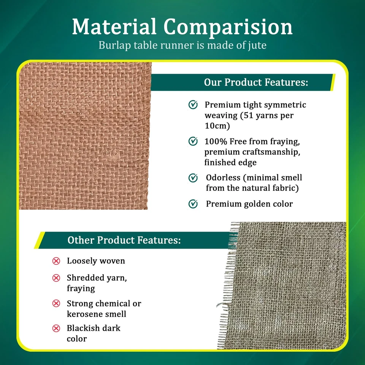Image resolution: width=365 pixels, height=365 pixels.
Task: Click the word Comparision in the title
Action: (x=228, y=27)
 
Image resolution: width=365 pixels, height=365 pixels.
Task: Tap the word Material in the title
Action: (x=114, y=27)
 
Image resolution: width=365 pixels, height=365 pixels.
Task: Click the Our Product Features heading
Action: (x=256, y=82)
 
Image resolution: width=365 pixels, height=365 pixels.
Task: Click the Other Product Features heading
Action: (x=124, y=240)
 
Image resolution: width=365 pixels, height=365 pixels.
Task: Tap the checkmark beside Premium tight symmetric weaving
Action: (x=193, y=105)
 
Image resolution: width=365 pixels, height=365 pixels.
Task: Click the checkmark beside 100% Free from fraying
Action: (x=193, y=141)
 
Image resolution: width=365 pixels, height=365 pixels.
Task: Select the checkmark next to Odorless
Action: (x=193, y=178)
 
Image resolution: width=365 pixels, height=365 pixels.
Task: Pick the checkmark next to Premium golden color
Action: (x=193, y=204)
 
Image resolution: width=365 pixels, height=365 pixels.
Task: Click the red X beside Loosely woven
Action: (x=56, y=261)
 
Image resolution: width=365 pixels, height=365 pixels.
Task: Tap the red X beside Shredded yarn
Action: (x=56, y=278)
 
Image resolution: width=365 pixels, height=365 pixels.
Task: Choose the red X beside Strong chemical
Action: (x=56, y=303)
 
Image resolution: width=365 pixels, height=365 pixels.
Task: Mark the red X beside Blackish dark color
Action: (x=56, y=328)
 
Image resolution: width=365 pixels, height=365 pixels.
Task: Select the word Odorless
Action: (x=224, y=178)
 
